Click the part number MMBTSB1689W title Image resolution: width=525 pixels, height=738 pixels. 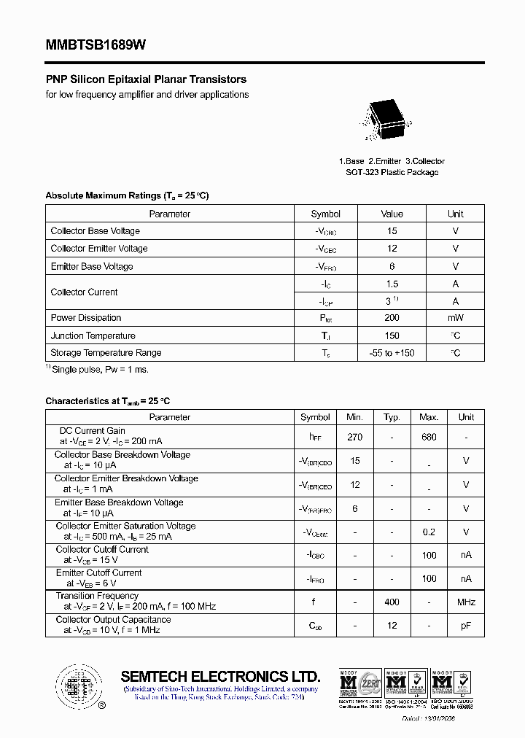tap(96, 45)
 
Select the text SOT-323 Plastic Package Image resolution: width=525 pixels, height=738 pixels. tap(392, 173)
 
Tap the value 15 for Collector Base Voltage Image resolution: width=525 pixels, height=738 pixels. tap(392, 231)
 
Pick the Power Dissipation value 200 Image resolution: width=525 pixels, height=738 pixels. tap(392, 318)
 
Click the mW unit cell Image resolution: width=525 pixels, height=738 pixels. tap(455, 318)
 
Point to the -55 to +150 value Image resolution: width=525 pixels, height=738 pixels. tap(392, 353)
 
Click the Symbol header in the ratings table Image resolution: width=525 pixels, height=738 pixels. tap(325, 214)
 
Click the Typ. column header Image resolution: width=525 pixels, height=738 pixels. tap(392, 417)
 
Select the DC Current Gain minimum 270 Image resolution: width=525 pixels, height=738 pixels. tap(354, 437)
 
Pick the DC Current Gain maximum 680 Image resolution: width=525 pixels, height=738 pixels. tap(429, 437)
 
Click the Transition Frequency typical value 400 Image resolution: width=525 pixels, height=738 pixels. tap(392, 602)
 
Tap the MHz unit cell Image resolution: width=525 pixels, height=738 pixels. tap(466, 602)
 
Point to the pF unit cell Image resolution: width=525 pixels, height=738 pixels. tap(466, 626)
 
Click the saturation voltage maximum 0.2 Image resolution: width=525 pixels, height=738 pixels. tap(429, 532)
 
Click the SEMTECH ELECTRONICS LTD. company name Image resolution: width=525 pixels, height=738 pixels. tap(220, 675)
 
